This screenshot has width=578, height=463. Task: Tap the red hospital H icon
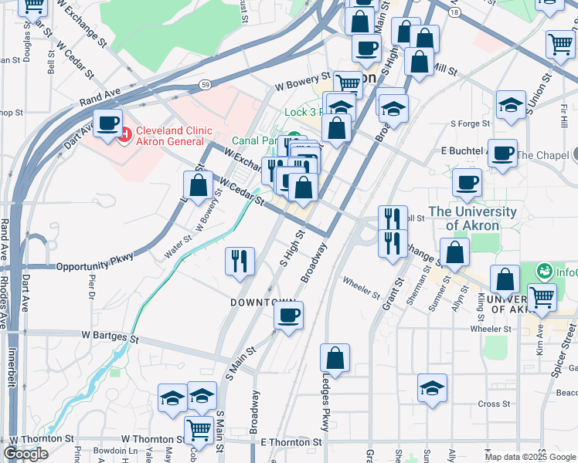pos(125,133)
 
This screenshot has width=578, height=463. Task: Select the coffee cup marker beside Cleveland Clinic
pos(107,123)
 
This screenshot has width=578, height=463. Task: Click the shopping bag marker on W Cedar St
pos(199,185)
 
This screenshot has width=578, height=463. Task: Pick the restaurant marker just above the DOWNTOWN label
pos(240,261)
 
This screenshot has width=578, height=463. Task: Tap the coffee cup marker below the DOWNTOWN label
pos(288,316)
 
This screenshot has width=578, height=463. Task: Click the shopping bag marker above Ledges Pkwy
pos(335,358)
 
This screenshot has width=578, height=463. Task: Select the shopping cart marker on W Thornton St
pos(199,429)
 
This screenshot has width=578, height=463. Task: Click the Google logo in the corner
pos(26,454)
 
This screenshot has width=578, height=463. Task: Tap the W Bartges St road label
pos(110,338)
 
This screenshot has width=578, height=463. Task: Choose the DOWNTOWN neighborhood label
pos(263,302)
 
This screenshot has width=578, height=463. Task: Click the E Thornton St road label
pos(291,442)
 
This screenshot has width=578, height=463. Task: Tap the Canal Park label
pos(255,141)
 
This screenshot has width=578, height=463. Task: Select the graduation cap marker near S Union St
pos(511,106)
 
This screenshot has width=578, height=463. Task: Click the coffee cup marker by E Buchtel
pos(503,153)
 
